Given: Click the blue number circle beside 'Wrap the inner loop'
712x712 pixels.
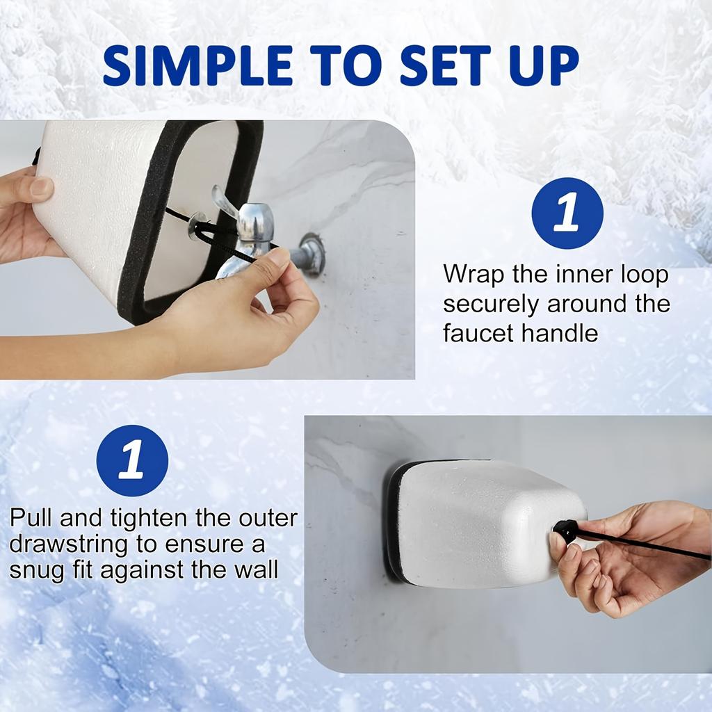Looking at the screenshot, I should click(x=567, y=213).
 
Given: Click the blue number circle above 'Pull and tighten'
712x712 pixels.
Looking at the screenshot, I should click(x=132, y=460).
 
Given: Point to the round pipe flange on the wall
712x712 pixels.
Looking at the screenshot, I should click(x=312, y=253).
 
